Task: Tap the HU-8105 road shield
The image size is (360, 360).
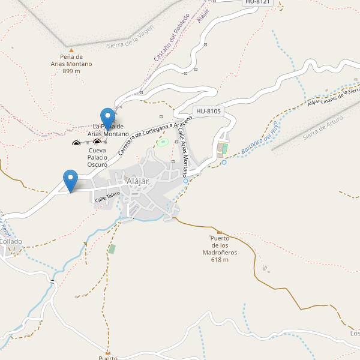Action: tap(208, 111)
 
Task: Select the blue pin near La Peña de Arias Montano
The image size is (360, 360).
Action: tap(107, 118)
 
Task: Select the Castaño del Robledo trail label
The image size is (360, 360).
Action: tap(172, 38)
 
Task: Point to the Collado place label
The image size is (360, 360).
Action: tap(11, 241)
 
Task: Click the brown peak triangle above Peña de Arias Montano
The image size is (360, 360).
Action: tap(71, 50)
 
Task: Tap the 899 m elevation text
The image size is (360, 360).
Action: tap(71, 71)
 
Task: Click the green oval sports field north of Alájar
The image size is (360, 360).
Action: tap(163, 143)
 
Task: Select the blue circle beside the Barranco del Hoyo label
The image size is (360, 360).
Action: tap(224, 162)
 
